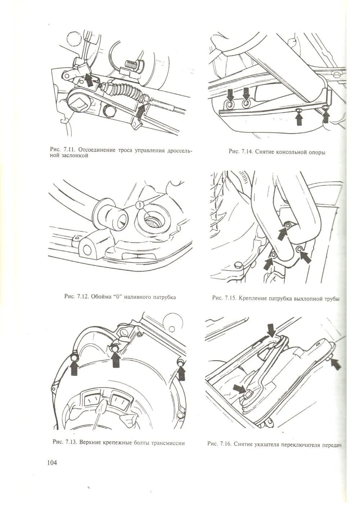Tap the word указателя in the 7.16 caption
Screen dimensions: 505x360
pos(276,444)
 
